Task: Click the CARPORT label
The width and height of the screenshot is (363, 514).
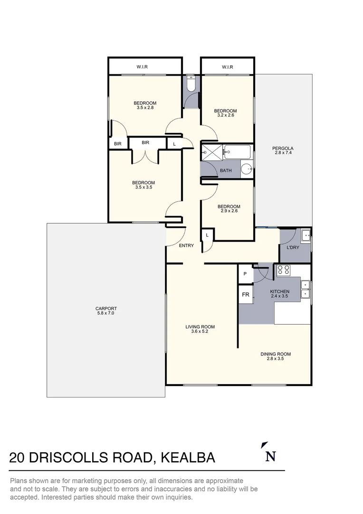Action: [x=105, y=308]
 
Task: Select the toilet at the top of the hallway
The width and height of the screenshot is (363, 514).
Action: [x=191, y=84]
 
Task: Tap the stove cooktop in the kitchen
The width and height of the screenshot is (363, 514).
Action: [x=284, y=270]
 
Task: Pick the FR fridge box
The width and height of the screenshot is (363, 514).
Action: [x=246, y=295]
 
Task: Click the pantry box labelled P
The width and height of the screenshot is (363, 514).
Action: [x=245, y=274]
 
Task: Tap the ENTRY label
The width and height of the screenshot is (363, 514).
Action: [x=187, y=246]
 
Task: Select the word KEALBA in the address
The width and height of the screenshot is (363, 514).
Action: [x=188, y=458]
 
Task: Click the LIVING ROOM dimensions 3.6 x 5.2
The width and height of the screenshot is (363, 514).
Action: [x=200, y=332]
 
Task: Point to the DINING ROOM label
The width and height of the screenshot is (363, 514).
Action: [x=276, y=354]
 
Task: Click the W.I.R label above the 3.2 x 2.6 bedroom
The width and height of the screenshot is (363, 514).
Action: [x=228, y=67]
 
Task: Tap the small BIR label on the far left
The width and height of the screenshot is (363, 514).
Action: [x=117, y=143]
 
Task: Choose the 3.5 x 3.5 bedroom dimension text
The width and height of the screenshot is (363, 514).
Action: [x=143, y=188]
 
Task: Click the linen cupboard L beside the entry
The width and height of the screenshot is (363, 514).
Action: [x=208, y=235]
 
